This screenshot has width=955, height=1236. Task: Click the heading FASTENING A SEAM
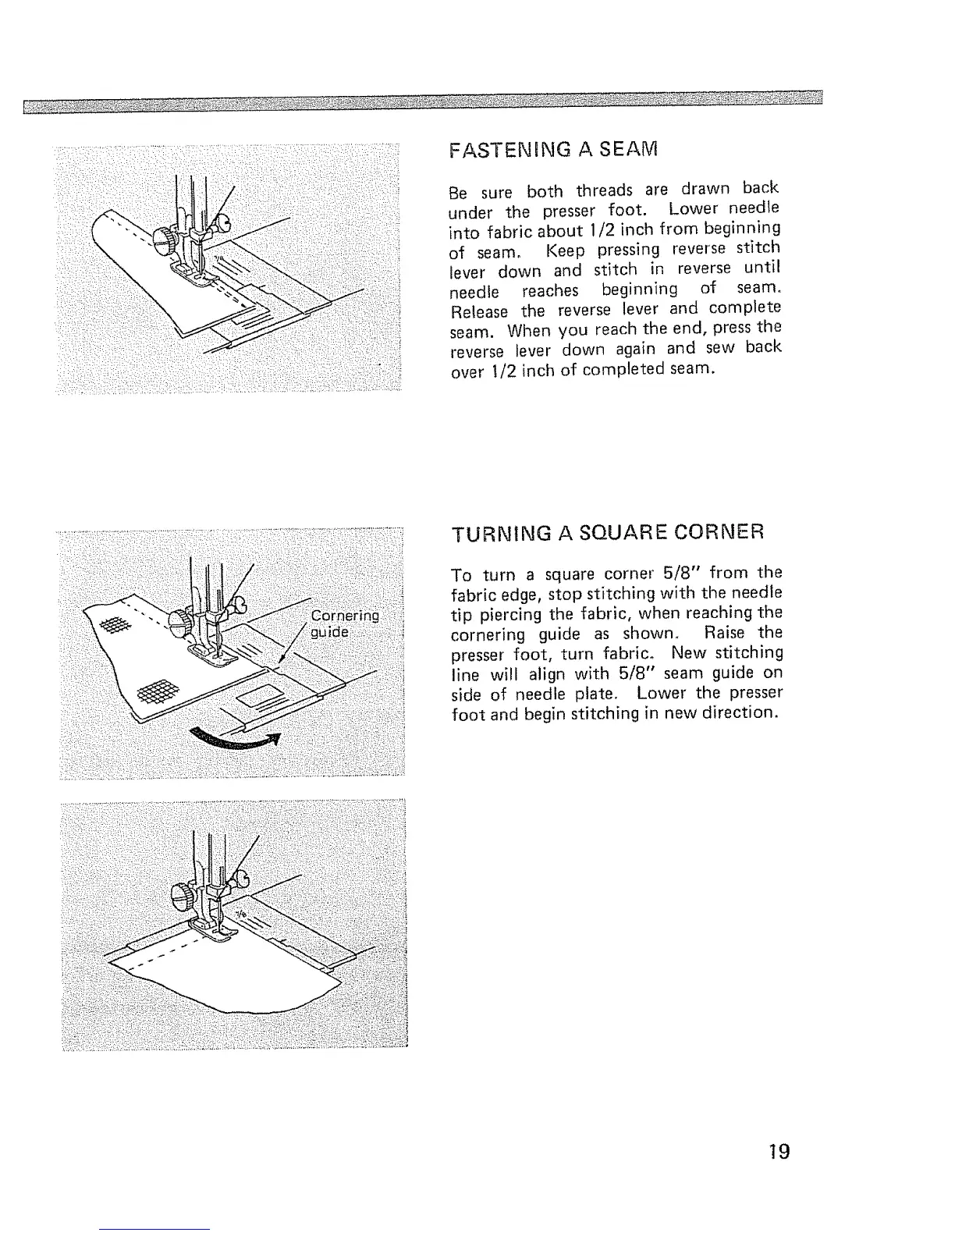[x=555, y=149]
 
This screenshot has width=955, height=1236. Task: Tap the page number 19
[x=778, y=1151]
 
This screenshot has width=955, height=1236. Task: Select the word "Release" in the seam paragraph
[x=479, y=311]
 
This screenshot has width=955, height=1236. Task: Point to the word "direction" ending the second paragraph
[x=743, y=713]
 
